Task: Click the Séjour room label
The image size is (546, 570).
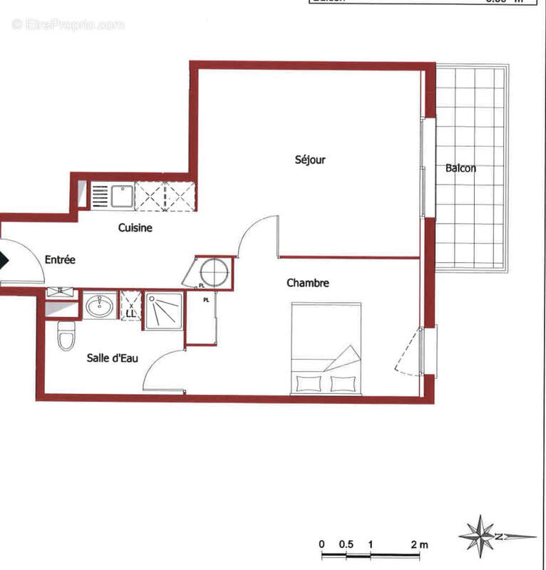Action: [x=310, y=160]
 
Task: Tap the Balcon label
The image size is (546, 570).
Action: [x=460, y=169]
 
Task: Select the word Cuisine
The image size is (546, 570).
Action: [x=135, y=228]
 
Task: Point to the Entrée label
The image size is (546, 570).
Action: [x=60, y=260]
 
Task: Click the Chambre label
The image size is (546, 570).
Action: [x=308, y=283]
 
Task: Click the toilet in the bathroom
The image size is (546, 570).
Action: [x=66, y=335]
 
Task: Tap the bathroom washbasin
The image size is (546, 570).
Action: [x=99, y=306]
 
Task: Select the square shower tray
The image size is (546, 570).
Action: [x=165, y=311]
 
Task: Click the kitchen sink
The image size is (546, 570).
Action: [x=122, y=195]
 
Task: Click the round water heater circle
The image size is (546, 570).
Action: [x=214, y=272]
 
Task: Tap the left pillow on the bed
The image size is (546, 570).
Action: [x=309, y=383]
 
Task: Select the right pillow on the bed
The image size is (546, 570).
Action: [x=343, y=383]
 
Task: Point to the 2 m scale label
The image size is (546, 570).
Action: [x=418, y=544]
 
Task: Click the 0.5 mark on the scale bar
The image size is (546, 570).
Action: [x=346, y=544]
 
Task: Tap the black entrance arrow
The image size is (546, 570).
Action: [x=4, y=259]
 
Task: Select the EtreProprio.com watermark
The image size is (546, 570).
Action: [x=68, y=24]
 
